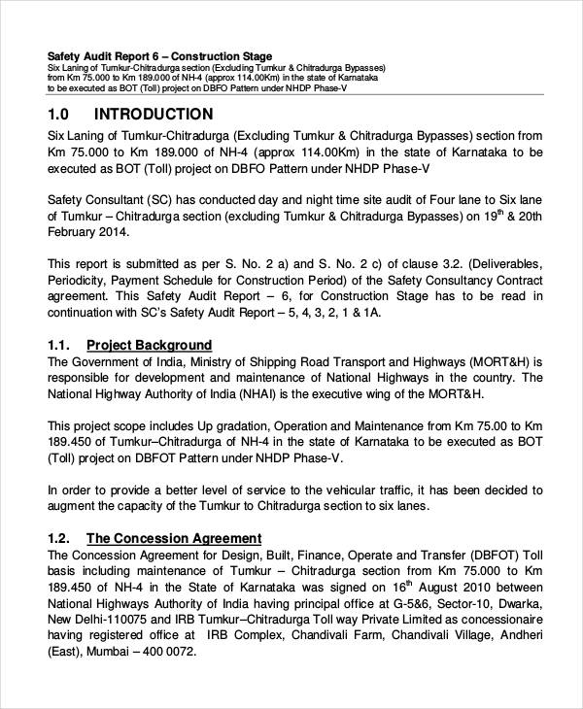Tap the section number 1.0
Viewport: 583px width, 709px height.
pos(60,114)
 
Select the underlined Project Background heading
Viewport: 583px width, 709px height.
pos(149,345)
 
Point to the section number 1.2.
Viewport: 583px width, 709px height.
pos(59,537)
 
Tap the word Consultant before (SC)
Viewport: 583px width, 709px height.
pos(126,198)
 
